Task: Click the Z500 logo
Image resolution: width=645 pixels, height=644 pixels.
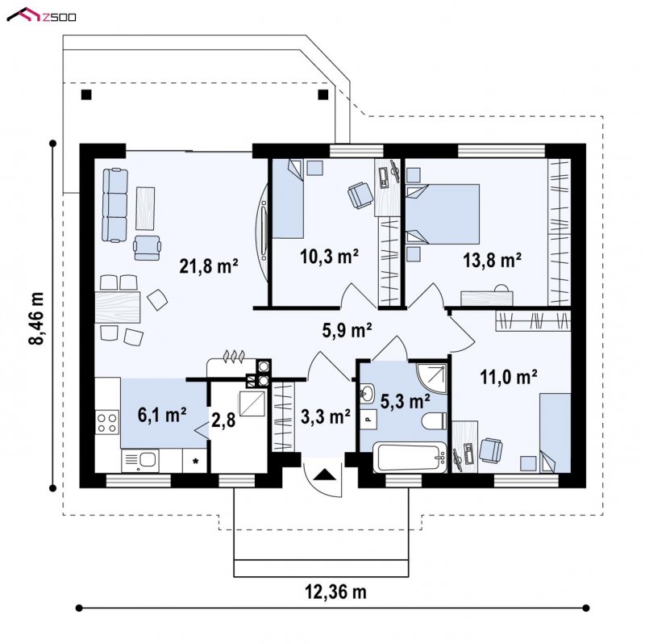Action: [42, 15]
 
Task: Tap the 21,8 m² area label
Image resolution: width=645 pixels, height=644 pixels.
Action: [209, 266]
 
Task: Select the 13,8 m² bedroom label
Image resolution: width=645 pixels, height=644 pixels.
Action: [493, 260]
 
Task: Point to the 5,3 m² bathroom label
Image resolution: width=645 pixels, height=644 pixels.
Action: [406, 401]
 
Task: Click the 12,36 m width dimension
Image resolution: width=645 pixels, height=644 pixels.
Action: [335, 592]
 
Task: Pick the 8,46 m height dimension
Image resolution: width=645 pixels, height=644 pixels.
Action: [36, 317]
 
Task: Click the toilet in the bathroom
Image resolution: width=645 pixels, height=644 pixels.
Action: [435, 420]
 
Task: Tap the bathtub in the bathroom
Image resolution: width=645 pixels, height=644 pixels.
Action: [410, 457]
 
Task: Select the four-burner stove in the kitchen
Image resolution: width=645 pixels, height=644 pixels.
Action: [107, 422]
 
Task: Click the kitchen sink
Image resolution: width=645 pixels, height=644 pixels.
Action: [139, 461]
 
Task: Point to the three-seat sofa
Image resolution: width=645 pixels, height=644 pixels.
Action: [114, 205]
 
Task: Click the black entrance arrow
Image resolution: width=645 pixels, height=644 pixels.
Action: [325, 475]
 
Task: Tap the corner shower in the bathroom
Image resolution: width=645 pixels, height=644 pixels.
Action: [431, 378]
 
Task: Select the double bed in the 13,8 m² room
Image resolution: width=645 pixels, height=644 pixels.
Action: [443, 214]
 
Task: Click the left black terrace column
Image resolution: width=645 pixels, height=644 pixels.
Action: [86, 95]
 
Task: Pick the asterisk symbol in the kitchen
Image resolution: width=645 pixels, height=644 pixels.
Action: [196, 461]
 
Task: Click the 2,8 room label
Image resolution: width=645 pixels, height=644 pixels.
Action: [223, 420]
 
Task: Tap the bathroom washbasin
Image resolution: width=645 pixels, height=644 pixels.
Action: [368, 393]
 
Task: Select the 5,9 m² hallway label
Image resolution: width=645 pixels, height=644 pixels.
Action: [347, 330]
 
